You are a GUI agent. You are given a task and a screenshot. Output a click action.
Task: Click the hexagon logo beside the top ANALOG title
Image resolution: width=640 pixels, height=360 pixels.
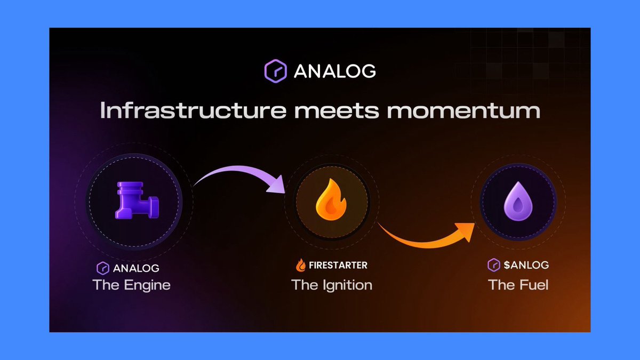(x=276, y=70)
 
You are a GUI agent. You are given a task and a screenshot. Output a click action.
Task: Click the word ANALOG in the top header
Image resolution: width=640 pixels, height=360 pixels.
(x=334, y=71)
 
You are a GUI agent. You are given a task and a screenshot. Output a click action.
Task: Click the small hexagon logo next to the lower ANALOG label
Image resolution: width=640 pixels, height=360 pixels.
(x=102, y=268)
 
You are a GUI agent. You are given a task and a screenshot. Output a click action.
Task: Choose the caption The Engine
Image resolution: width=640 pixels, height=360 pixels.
(x=131, y=285)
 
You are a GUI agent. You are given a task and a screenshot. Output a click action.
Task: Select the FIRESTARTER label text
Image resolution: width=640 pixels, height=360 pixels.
(x=338, y=265)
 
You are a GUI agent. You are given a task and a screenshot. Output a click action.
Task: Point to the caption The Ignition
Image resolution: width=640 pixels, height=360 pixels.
(x=332, y=285)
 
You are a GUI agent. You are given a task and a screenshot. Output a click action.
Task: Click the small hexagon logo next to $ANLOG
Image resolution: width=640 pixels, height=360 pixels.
(x=493, y=265)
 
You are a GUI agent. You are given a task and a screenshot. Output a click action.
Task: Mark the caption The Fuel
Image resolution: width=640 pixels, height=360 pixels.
(x=518, y=285)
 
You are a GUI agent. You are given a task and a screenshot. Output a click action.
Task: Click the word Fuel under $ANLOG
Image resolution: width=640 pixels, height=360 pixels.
(x=533, y=285)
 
